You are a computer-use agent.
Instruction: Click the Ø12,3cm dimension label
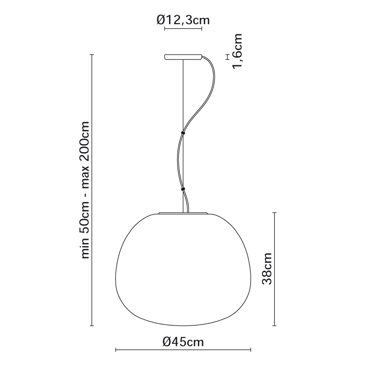click(x=183, y=20)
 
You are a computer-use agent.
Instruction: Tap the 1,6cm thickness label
click(x=237, y=51)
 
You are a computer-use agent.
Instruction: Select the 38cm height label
click(x=267, y=269)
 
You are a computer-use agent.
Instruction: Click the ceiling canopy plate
click(x=183, y=57)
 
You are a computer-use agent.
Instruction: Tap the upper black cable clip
click(x=183, y=133)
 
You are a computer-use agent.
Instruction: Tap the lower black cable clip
click(x=183, y=189)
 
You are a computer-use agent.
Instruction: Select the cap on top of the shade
click(x=183, y=213)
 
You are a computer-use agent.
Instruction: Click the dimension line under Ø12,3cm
click(x=183, y=29)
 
